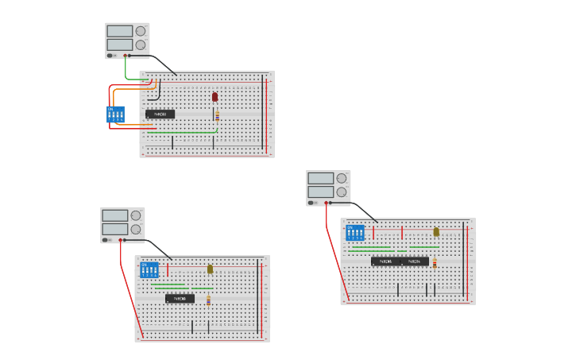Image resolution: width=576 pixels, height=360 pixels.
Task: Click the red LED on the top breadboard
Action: pyautogui.click(x=215, y=97)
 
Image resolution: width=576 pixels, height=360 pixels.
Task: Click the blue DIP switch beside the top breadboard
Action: pyautogui.click(x=115, y=114)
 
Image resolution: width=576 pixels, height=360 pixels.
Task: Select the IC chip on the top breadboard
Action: pyautogui.click(x=160, y=114)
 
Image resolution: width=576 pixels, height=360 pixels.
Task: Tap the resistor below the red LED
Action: pyautogui.click(x=217, y=114)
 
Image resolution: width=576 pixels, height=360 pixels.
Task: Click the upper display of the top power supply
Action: pyautogui.click(x=119, y=31)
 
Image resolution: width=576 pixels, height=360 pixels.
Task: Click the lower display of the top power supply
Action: pyautogui.click(x=119, y=45)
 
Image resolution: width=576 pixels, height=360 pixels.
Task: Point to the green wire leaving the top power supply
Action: pyautogui.click(x=126, y=70)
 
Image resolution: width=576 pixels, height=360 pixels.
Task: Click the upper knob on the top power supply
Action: pyautogui.click(x=141, y=31)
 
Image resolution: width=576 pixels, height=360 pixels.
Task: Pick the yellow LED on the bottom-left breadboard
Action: pyautogui.click(x=210, y=269)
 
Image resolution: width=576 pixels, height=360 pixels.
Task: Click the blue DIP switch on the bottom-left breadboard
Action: pyautogui.click(x=149, y=269)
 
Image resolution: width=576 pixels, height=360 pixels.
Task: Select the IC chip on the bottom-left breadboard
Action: pyautogui.click(x=180, y=299)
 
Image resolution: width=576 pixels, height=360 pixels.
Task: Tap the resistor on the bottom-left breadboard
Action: pyautogui.click(x=208, y=300)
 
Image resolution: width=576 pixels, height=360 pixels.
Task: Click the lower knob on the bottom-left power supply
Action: pyautogui.click(x=136, y=229)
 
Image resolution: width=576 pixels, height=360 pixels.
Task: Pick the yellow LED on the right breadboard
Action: pyautogui.click(x=436, y=232)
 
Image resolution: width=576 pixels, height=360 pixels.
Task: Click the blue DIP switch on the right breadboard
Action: pyautogui.click(x=355, y=233)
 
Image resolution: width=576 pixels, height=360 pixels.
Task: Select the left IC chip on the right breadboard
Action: pyautogui.click(x=385, y=261)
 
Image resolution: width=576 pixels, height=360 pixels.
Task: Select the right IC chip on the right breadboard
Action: pyautogui.click(x=415, y=261)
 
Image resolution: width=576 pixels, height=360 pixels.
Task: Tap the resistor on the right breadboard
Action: pyautogui.click(x=435, y=262)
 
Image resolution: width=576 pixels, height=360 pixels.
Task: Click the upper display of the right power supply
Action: pyautogui.click(x=320, y=178)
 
